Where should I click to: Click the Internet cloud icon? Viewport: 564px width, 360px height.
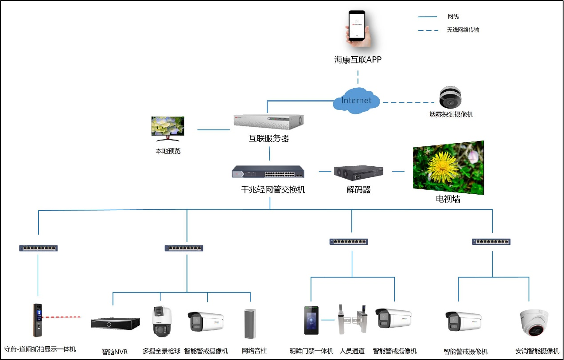(x=357, y=101)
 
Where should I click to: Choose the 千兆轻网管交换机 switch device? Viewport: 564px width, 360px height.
(x=269, y=172)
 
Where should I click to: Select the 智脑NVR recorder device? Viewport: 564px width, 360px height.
(x=115, y=323)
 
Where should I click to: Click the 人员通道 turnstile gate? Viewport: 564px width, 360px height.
(x=353, y=319)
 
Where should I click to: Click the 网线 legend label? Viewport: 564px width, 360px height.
(x=453, y=17)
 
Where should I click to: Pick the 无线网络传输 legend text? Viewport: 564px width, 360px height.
(x=463, y=30)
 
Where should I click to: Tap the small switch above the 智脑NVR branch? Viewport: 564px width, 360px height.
(x=184, y=248)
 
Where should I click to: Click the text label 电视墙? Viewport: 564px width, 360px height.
(x=448, y=200)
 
